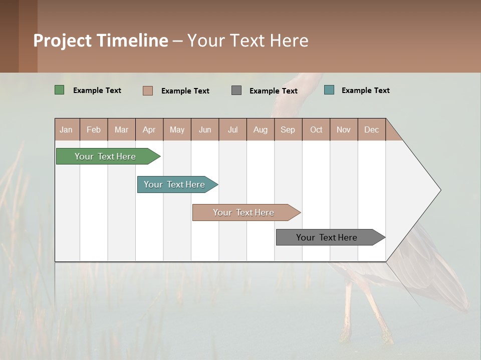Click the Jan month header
[66, 129]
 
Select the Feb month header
[94, 129]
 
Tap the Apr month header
[149, 129]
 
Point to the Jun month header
[205, 129]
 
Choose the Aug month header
[260, 129]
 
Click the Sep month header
[288, 129]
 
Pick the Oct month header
[316, 129]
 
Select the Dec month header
[371, 129]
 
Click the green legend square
[60, 90]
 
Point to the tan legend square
[148, 90]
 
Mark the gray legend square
[236, 90]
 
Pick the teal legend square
[329, 90]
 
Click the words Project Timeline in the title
[101, 40]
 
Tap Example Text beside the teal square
[365, 90]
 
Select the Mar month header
[121, 129]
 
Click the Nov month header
[343, 129]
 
